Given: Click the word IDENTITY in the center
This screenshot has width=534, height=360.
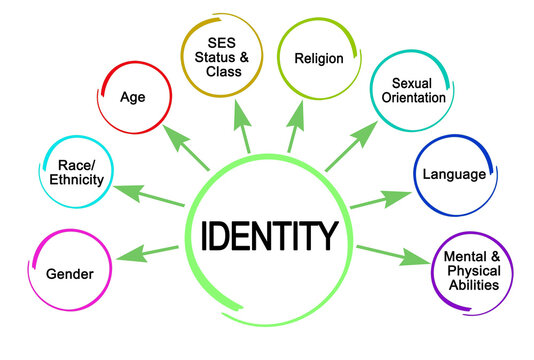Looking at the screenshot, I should (269, 237).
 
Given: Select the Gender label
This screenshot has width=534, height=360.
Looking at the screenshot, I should (69, 272).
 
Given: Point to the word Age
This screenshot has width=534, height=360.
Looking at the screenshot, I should (134, 97).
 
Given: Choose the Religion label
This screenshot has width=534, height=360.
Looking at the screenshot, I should (319, 58).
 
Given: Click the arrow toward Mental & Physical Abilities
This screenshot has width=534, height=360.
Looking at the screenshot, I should (391, 255).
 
